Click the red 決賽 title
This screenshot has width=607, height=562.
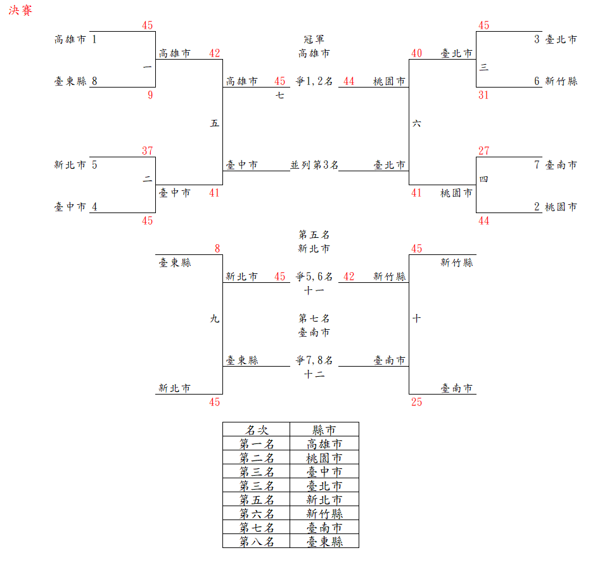pyautogui.click(x=20, y=11)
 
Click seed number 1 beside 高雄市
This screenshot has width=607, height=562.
pyautogui.click(x=94, y=39)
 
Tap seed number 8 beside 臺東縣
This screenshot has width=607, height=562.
pyautogui.click(x=94, y=81)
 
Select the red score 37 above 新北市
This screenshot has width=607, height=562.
pyautogui.click(x=148, y=151)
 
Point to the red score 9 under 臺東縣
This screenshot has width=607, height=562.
pyautogui.click(x=150, y=96)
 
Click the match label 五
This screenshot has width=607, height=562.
pyautogui.click(x=215, y=124)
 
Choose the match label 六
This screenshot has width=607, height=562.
pyautogui.click(x=416, y=124)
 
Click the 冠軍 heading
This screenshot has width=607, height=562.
pyautogui.click(x=314, y=39)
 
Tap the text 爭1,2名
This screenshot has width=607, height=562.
pyautogui.click(x=314, y=81)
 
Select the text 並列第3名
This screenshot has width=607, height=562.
pyautogui.click(x=314, y=165)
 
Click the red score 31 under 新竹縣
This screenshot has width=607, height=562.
pyautogui.click(x=484, y=96)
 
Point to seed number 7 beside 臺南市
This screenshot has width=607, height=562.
pyautogui.click(x=537, y=165)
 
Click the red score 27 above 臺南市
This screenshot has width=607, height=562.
pyautogui.click(x=484, y=151)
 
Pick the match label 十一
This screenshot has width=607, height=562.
pyautogui.click(x=314, y=291)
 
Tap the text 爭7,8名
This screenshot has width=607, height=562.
pyautogui.click(x=314, y=360)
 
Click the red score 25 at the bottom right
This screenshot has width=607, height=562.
pyautogui.click(x=416, y=402)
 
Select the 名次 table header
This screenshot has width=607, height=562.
pyautogui.click(x=256, y=430)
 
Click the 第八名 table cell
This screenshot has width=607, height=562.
pyautogui.click(x=256, y=542)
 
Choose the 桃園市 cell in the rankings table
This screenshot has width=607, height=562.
pyautogui.click(x=324, y=458)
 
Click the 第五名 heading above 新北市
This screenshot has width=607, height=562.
pyautogui.click(x=314, y=235)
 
